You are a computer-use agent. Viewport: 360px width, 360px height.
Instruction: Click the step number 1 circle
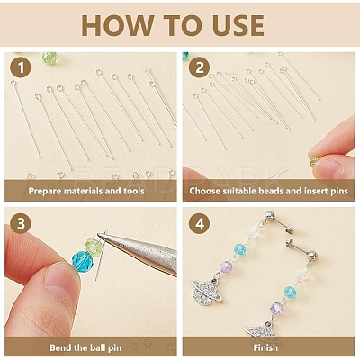(x=21, y=67)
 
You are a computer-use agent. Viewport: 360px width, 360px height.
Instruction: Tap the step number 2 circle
(x=199, y=67)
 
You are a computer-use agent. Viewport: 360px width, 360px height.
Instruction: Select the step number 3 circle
(x=21, y=223)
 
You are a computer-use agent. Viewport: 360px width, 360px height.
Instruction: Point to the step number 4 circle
(x=199, y=223)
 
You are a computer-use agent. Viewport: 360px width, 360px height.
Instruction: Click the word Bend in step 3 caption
(x=60, y=347)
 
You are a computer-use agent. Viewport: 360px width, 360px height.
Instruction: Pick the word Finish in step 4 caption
(x=265, y=347)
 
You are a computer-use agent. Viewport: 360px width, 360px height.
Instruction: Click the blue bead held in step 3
(x=83, y=262)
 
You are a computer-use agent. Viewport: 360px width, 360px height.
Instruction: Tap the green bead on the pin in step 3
(x=94, y=247)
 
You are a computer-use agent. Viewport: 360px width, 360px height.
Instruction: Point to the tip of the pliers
(x=99, y=236)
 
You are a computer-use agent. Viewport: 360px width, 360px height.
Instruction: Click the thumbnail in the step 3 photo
(x=60, y=282)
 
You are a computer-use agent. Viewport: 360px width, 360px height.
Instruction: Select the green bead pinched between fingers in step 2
(x=313, y=161)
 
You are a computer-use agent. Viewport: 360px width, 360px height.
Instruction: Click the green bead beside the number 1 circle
(x=49, y=58)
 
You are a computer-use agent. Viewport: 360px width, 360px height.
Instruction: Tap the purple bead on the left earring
(x=226, y=266)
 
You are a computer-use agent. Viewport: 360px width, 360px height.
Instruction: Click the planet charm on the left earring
(x=207, y=292)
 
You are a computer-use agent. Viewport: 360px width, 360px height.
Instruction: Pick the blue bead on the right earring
(x=290, y=291)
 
